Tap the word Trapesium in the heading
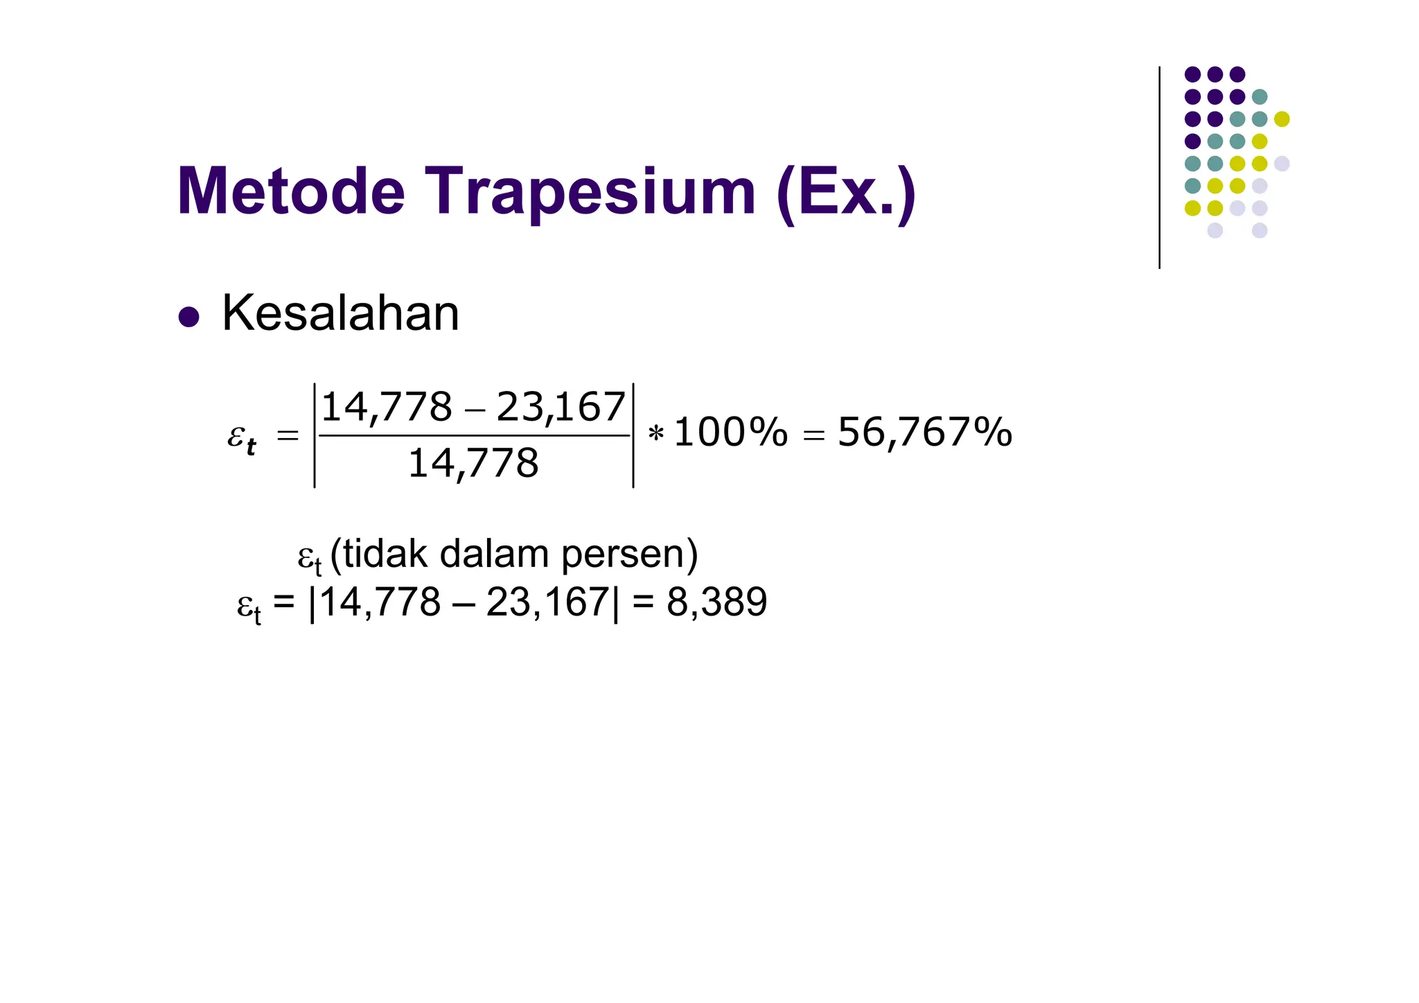point(590,193)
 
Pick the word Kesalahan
point(340,314)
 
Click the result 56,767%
point(924,433)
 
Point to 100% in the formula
point(730,433)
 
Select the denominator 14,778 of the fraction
point(473,463)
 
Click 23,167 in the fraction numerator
point(561,407)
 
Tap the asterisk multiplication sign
point(655,435)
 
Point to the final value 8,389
point(716,602)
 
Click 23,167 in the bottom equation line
point(547,602)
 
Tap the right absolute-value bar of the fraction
point(633,435)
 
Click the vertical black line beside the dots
point(1159,167)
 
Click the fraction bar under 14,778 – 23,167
point(474,436)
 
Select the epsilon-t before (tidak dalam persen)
point(310,558)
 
